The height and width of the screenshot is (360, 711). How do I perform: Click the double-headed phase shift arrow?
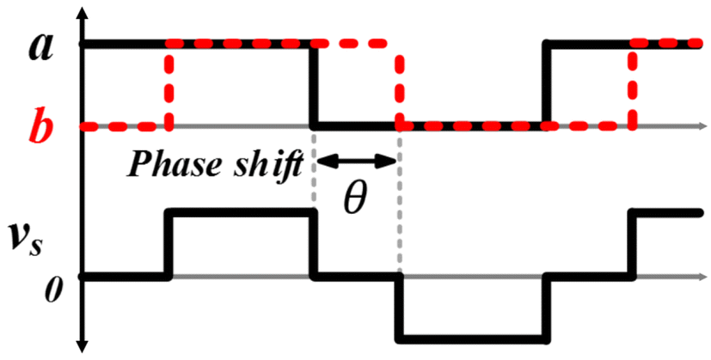[x=357, y=161]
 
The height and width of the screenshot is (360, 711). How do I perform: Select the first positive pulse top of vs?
[x=242, y=211]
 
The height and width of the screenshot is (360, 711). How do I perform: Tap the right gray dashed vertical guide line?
[x=400, y=206]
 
